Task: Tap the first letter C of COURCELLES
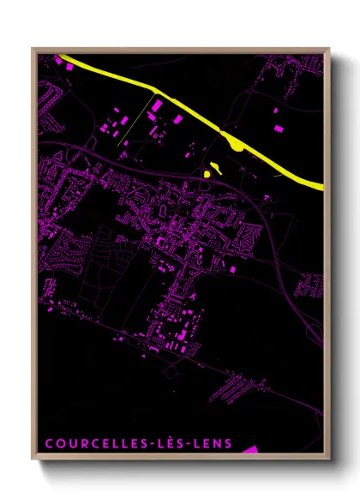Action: tap(49, 444)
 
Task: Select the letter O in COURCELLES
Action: tap(59, 444)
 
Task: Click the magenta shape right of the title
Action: tap(249, 449)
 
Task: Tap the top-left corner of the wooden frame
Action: tap(33, 49)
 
